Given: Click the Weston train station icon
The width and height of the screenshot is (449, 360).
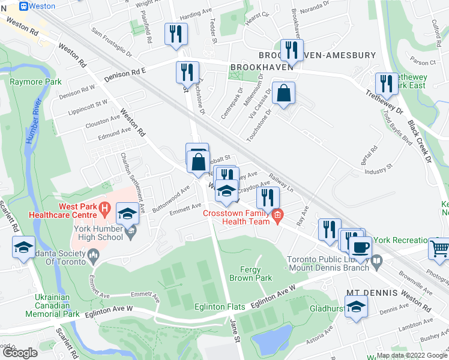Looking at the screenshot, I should click(23, 6).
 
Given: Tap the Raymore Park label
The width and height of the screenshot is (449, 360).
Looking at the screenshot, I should click(35, 82).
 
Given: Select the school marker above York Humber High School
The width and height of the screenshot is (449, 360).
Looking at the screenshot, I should click(127, 214).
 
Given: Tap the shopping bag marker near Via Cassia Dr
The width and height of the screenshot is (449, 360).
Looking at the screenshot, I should click(283, 94).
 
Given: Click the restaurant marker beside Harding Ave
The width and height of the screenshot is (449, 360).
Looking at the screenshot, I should click(175, 33).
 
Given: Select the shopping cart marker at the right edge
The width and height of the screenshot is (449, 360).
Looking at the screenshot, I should click(439, 247).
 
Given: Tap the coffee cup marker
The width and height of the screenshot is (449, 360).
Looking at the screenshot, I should click(360, 247).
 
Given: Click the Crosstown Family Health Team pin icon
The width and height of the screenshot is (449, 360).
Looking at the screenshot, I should click(277, 214).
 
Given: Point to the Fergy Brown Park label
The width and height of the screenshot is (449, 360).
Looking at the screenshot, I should click(256, 274).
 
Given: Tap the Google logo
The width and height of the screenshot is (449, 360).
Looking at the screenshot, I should click(19, 353).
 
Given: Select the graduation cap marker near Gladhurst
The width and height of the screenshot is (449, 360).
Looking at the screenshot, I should click(357, 307).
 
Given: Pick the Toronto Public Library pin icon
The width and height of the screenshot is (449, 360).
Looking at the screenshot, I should click(376, 260).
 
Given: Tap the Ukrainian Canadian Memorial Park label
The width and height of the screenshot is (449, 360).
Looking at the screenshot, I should click(53, 305).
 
